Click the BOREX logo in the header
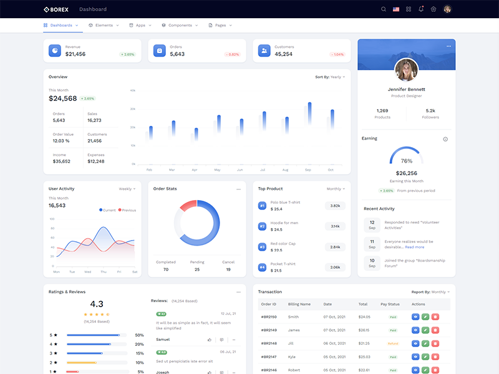click(57, 9)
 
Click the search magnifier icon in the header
click(384, 9)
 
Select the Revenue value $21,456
click(75, 54)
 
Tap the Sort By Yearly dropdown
click(330, 77)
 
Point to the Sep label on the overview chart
click(308, 170)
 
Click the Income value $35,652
click(62, 161)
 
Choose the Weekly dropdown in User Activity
click(127, 189)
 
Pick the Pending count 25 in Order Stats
click(197, 269)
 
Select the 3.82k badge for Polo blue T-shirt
click(335, 206)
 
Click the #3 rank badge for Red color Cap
click(263, 247)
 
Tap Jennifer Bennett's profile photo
click(406, 70)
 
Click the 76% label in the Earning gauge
click(406, 161)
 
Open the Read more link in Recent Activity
click(414, 247)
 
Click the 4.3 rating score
click(97, 304)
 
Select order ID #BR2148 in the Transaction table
click(269, 343)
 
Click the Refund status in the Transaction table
click(393, 343)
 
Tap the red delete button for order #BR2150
click(435, 317)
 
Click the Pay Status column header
click(390, 304)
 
